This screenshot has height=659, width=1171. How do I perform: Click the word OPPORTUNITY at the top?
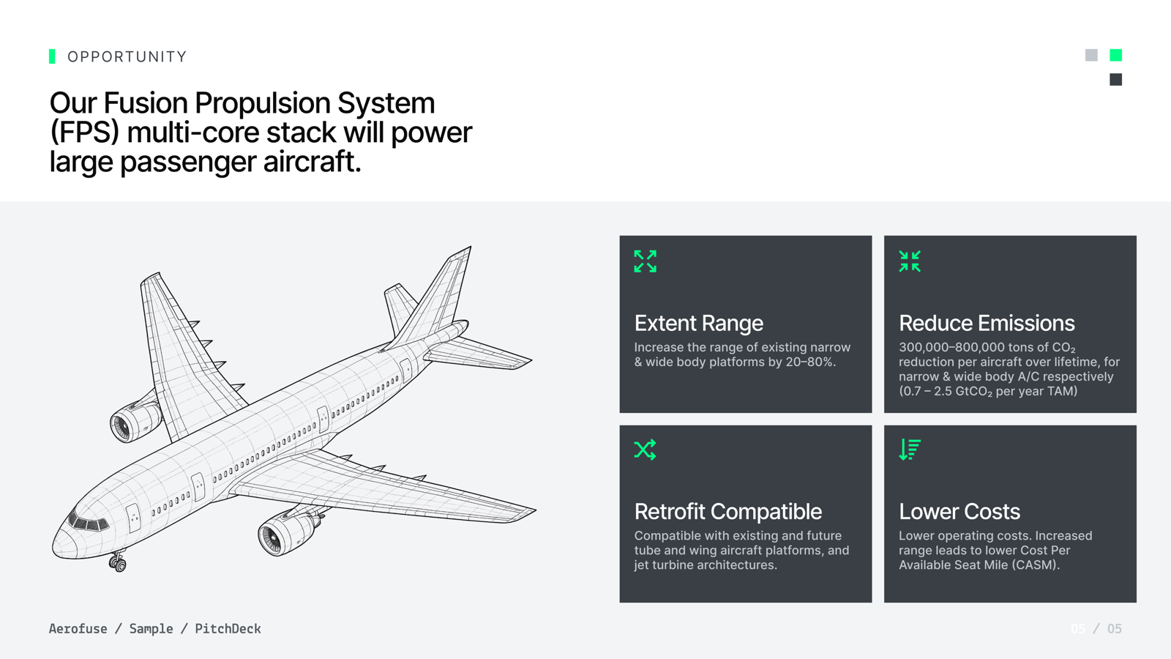point(127,56)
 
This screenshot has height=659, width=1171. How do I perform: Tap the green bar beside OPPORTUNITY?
point(52,56)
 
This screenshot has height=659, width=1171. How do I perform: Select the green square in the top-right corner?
point(1115,55)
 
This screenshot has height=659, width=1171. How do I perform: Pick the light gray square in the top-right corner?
point(1091,55)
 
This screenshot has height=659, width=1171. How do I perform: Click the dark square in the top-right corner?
point(1115,80)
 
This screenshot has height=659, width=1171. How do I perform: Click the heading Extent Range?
point(698,323)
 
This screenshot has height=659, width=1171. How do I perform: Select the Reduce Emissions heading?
point(987,323)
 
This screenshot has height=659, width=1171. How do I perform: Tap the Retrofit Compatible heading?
point(727,512)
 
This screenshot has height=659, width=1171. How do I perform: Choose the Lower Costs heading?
point(959,512)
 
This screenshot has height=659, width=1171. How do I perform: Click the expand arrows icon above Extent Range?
point(645,261)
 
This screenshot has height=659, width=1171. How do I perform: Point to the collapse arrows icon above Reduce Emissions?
point(910,261)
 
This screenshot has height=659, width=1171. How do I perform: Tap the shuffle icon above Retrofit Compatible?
point(645,450)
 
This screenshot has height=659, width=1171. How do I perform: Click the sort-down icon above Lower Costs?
point(910,450)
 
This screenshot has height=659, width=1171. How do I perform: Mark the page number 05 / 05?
point(1096,629)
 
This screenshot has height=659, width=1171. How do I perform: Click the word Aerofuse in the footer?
point(78,629)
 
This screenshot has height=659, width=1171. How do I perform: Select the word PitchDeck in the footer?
point(228,629)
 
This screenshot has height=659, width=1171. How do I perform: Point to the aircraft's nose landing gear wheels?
point(118,563)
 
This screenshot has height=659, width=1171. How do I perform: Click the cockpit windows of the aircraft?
point(88,521)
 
